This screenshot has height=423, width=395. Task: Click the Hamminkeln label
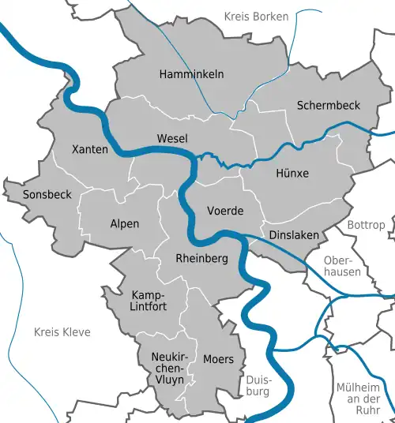[191, 73]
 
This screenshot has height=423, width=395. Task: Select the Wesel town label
[172, 138]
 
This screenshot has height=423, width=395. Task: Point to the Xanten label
[89, 149]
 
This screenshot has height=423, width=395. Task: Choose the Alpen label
[124, 223]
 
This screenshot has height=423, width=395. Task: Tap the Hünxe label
[292, 173]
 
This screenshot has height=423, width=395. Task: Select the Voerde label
[224, 211]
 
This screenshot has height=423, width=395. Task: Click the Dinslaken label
[293, 235]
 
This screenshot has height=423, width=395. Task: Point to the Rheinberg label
[201, 258]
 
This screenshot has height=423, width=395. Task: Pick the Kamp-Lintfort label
[149, 301]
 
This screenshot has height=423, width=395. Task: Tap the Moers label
[218, 359]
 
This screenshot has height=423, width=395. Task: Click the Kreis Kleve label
[62, 332]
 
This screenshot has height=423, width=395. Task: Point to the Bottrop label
[365, 225]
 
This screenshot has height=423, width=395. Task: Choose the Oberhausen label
[342, 265]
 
